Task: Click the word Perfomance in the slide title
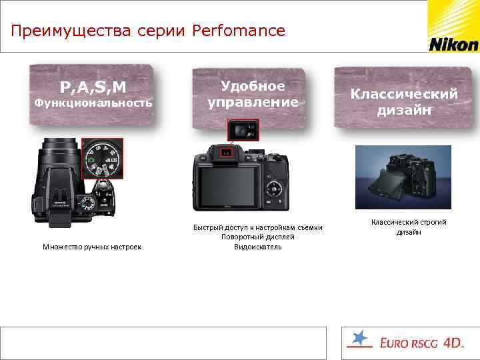click(238, 31)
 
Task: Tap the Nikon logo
click(453, 45)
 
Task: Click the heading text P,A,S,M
click(93, 87)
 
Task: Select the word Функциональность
click(93, 103)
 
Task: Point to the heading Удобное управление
click(253, 94)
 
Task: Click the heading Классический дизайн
click(404, 102)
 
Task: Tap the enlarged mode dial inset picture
click(103, 158)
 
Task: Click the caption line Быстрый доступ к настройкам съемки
click(257, 228)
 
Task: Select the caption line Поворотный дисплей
click(257, 237)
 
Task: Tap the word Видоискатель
click(257, 247)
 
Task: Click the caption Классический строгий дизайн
click(409, 227)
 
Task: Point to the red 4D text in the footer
click(453, 343)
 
